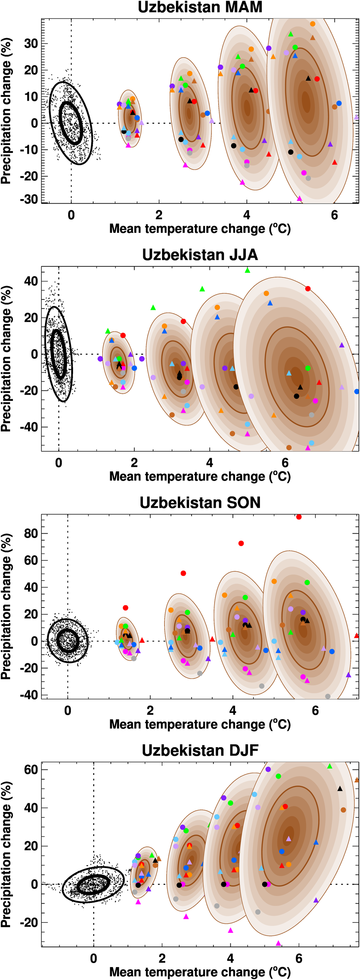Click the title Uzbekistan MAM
[x=200, y=7]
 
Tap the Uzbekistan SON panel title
[x=200, y=502]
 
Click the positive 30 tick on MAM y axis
[x=31, y=44]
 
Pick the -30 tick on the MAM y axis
[x=29, y=199]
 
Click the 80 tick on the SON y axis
[x=31, y=533]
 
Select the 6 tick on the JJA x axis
[x=285, y=462]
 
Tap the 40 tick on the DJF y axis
[x=31, y=808]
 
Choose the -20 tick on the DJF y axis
[x=29, y=922]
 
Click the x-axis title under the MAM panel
[x=200, y=229]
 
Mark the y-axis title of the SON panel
[x=6, y=606]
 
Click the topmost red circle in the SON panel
[x=299, y=516]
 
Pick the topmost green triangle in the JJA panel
[x=247, y=271]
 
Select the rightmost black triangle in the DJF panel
[x=340, y=789]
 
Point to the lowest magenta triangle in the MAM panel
[x=299, y=199]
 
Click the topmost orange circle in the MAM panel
[x=312, y=24]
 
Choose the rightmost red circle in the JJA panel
[x=308, y=289]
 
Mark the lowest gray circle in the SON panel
[x=328, y=696]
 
